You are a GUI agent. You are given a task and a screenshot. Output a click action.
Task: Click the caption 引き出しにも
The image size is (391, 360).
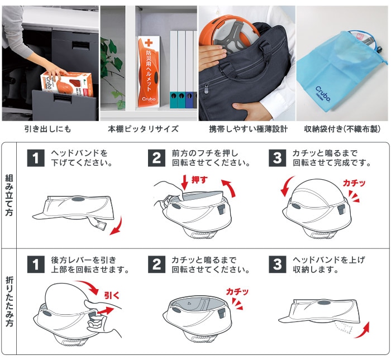tap(47, 129)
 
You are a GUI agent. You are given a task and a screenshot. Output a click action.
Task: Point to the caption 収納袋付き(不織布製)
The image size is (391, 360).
tap(342, 129)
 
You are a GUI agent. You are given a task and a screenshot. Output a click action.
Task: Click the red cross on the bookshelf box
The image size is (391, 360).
tap(148, 43)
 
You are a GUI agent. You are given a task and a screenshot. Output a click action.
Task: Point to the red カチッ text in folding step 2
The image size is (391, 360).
tap(237, 292)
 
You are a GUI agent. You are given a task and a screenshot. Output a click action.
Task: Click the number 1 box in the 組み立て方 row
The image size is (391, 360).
tap(36, 158)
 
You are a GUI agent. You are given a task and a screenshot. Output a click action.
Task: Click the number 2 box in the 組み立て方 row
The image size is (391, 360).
tap(157, 158)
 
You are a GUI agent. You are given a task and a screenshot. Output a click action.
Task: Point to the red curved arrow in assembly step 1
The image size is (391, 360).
tap(115, 228)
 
